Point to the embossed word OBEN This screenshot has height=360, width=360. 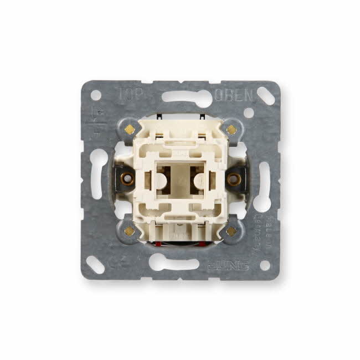coord(234,95)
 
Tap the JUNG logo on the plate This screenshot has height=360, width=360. coord(228,265)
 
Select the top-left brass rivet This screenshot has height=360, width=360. coord(129,129)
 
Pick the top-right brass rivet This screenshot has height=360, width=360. coord(232,129)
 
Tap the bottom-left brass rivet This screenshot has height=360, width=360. coord(129,231)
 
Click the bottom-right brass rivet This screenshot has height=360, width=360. coord(232,231)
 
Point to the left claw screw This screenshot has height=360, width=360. coord(127,179)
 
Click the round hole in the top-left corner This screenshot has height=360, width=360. coord(95,95)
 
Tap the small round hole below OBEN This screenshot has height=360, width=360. coord(249,112)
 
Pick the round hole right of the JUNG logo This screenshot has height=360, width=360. coord(265,265)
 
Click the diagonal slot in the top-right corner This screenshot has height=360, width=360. coord(265,95)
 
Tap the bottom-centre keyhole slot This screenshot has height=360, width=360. coord(173,261)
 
